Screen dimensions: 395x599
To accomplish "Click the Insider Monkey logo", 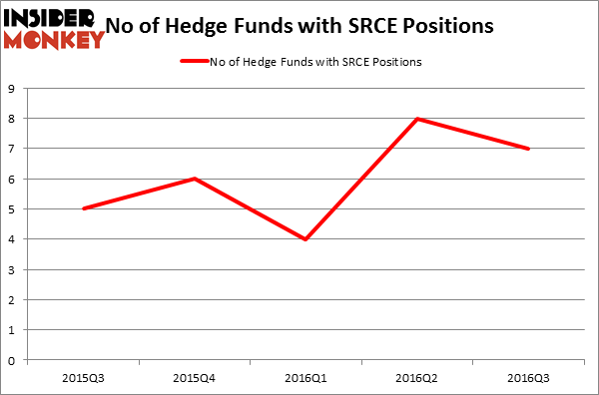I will [54, 28].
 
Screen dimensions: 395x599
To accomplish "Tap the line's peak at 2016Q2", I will [417, 119].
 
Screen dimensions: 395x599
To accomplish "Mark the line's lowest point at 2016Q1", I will [306, 239].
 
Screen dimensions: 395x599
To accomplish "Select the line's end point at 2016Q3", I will [528, 149].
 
